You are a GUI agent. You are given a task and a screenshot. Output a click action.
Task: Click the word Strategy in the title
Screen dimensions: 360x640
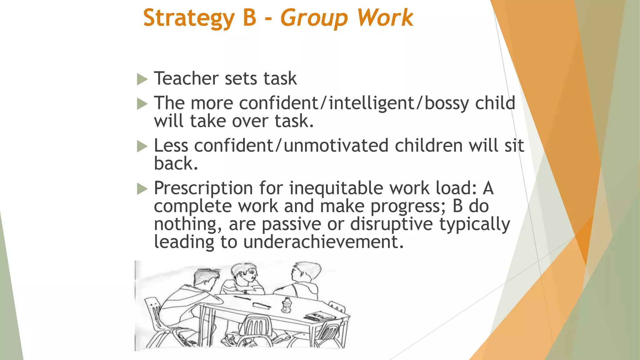pyautogui.click(x=189, y=18)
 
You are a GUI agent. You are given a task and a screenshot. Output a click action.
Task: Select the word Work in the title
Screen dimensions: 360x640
pyautogui.click(x=385, y=17)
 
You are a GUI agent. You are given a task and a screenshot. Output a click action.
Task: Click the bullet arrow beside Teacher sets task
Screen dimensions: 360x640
pyautogui.click(x=142, y=79)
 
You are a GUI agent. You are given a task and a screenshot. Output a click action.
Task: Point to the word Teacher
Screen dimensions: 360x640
pyautogui.click(x=186, y=78)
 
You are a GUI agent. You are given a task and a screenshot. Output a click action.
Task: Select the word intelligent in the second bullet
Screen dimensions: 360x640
pyautogui.click(x=371, y=103)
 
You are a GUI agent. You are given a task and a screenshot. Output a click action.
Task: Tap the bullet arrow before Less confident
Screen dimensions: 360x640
pyautogui.click(x=142, y=146)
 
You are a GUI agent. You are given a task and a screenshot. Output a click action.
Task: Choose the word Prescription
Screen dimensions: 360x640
pyautogui.click(x=203, y=188)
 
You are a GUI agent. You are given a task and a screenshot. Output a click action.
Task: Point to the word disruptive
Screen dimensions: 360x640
pyautogui.click(x=391, y=224)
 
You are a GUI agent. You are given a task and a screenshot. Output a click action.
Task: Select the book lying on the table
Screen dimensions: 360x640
pyautogui.click(x=319, y=316)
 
